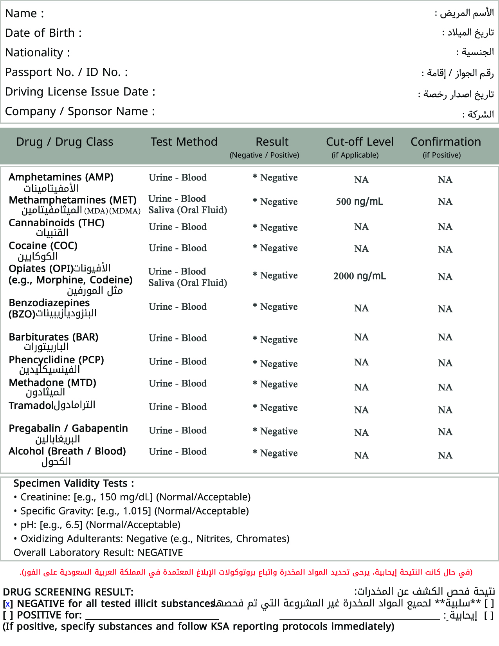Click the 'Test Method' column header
[x=184, y=142]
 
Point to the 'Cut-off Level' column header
[x=360, y=142]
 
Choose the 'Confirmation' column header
[x=445, y=142]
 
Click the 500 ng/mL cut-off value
[x=359, y=202]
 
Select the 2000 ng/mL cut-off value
[x=359, y=276]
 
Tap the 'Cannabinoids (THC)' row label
[x=56, y=223]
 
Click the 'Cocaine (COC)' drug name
[x=43, y=245]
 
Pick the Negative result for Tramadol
[x=279, y=408]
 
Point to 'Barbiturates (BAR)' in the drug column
[x=54, y=337]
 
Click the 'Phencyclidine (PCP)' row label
[x=56, y=360]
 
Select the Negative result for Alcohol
[x=279, y=453]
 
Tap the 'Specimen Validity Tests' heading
[x=74, y=484]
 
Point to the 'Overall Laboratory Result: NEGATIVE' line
[x=98, y=552]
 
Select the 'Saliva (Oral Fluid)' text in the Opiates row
[x=187, y=283]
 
